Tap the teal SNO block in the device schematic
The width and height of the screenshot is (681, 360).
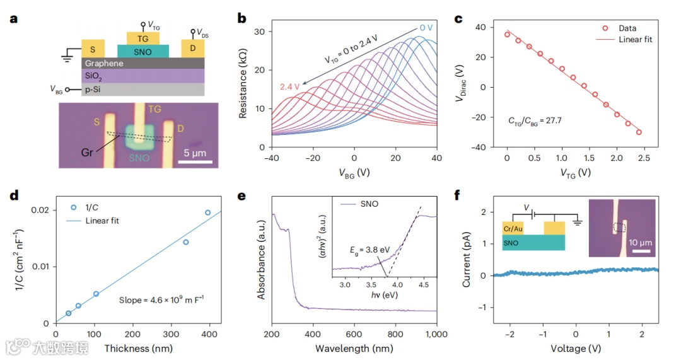(x=143, y=50)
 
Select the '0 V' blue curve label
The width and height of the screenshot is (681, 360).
(x=428, y=28)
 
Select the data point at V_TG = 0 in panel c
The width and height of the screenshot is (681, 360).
(x=507, y=35)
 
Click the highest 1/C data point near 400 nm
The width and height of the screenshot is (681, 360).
(x=208, y=212)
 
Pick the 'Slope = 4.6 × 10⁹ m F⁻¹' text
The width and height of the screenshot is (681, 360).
(x=161, y=300)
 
